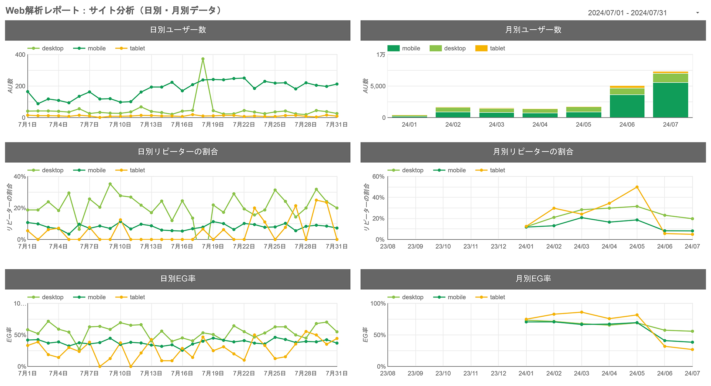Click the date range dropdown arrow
coord(697,13)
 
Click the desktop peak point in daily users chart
coord(203,59)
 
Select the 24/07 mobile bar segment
coord(670,100)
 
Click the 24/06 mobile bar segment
coord(627,106)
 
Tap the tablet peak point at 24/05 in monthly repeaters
coord(637,187)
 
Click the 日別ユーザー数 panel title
coord(178,30)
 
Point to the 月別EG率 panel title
coord(533,279)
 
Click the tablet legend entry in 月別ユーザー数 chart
coord(490,49)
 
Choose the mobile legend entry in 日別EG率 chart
coord(90,297)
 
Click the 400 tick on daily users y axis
coord(20,55)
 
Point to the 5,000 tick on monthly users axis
coord(378,86)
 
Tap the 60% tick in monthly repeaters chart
coord(378,177)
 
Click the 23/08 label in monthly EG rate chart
coord(387,373)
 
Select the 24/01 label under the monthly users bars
coord(409,125)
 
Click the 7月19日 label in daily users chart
coord(213,125)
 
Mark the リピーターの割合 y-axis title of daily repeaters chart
coord(10,207)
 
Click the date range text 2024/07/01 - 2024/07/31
coord(627,13)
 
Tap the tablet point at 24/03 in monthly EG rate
coord(581,312)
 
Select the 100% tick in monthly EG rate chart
coord(378,304)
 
